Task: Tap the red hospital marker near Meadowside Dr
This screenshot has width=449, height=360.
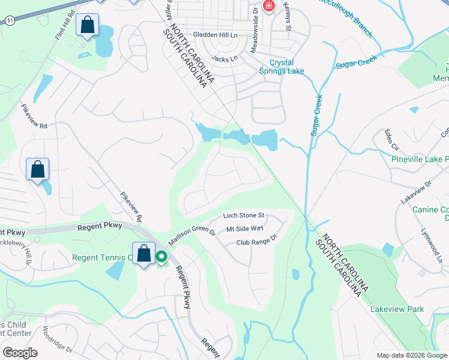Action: (268, 7)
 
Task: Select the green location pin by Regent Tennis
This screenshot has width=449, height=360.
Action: (161, 257)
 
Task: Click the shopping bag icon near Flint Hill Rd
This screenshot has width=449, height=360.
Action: (87, 26)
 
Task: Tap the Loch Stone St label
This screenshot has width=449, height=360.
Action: (244, 215)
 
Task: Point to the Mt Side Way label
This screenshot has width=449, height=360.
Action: (245, 229)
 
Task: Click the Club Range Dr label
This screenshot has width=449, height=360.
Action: (256, 242)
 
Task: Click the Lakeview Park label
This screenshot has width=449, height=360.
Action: (397, 309)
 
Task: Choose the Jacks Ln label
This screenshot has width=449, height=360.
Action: (225, 59)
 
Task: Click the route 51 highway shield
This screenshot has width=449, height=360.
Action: (9, 20)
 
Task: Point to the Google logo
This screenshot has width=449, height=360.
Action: (20, 353)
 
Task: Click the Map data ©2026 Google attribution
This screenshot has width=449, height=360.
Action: (411, 355)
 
